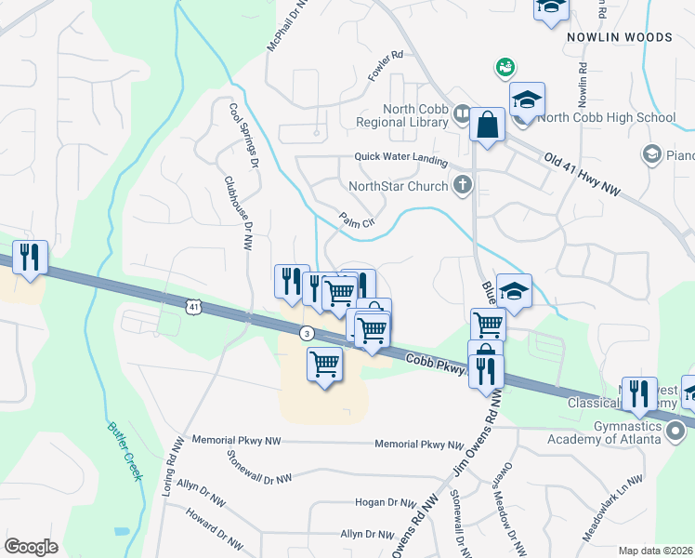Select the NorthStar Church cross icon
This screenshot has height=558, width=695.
point(462,184)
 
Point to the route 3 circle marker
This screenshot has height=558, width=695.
point(306,333)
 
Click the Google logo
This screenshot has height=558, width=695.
point(31,547)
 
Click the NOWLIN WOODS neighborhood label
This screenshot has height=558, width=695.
point(620,37)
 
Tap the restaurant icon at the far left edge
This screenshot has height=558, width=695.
point(31,257)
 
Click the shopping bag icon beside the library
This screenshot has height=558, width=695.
point(487,124)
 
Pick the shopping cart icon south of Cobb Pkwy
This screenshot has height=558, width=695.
point(324,364)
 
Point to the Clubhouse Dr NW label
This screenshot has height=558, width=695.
point(237,212)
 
